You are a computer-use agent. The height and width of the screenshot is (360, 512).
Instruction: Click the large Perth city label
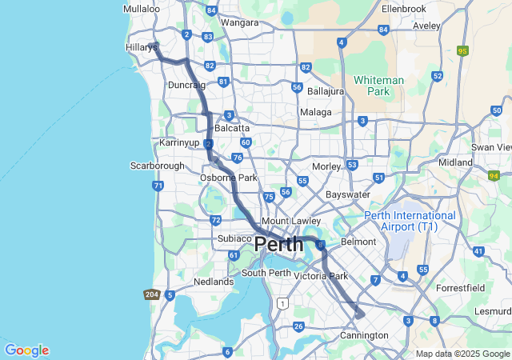279,245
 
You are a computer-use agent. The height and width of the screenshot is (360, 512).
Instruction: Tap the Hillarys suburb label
141,48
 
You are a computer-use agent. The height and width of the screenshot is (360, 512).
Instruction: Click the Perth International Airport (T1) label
410,221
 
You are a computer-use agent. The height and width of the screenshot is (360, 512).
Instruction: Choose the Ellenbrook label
404,8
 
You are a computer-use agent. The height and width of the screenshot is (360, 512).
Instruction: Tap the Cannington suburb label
364,334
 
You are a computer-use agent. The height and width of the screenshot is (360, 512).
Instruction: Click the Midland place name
456,162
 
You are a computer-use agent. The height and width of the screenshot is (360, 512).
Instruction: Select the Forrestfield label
461,287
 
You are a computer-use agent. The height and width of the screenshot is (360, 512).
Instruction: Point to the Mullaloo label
142,9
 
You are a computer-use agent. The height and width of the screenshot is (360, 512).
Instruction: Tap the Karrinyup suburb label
179,142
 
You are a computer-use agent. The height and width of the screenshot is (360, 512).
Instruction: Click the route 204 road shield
152,294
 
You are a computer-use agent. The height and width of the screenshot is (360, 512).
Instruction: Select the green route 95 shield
462,50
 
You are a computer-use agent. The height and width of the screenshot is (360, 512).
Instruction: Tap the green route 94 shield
494,175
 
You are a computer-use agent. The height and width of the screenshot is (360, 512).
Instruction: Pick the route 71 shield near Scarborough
158,186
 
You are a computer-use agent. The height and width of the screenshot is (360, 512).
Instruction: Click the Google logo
26,350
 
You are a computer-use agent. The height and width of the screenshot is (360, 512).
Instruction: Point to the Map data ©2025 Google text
462,354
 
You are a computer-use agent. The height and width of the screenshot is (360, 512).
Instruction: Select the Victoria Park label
321,276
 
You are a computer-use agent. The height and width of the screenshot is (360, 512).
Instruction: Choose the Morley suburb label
326,166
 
